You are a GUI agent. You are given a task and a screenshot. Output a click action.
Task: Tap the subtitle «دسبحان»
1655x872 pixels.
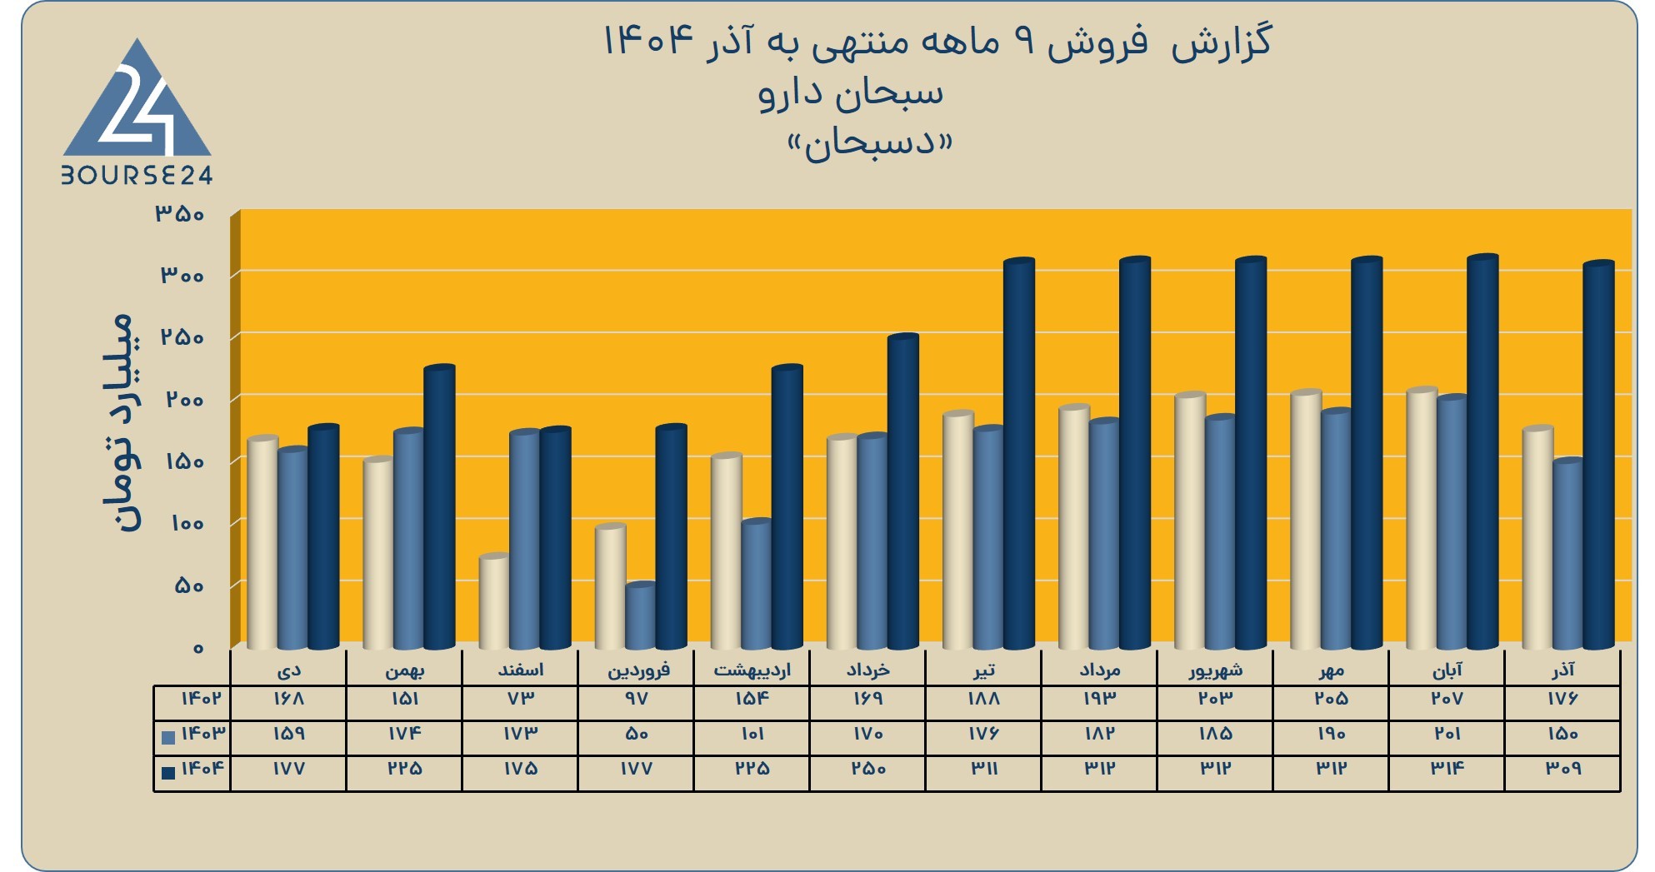pyautogui.click(x=869, y=144)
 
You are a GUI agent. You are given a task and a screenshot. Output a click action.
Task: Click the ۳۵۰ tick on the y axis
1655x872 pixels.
pyautogui.click(x=179, y=214)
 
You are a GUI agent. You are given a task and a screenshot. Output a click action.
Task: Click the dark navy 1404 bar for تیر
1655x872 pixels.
pyautogui.click(x=1018, y=454)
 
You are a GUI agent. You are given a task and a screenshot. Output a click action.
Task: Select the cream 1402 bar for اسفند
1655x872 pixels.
pyautogui.click(x=494, y=602)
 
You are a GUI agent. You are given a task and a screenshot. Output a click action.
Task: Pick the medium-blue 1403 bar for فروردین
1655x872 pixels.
pyautogui.click(x=640, y=616)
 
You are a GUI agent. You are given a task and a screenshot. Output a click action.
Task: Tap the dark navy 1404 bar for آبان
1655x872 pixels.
pyautogui.click(x=1482, y=452)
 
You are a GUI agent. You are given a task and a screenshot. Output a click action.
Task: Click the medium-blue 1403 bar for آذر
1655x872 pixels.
pyautogui.click(x=1567, y=554)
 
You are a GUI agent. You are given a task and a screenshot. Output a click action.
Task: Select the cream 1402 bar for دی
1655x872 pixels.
pyautogui.click(x=262, y=542)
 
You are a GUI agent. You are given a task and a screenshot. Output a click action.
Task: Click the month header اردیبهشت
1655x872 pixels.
pyautogui.click(x=752, y=670)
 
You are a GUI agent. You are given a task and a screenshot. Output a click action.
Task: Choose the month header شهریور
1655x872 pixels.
pyautogui.click(x=1216, y=670)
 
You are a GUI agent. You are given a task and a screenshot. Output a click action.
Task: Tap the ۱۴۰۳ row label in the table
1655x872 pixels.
pyautogui.click(x=203, y=734)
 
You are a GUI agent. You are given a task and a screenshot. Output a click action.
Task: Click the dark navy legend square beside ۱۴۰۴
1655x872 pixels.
pyautogui.click(x=168, y=772)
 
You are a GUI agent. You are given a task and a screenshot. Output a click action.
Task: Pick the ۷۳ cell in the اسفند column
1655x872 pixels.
pyautogui.click(x=520, y=699)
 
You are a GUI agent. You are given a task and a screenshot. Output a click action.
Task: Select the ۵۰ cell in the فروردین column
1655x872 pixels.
pyautogui.click(x=636, y=734)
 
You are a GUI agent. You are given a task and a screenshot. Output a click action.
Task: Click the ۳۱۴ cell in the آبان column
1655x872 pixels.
pyautogui.click(x=1447, y=769)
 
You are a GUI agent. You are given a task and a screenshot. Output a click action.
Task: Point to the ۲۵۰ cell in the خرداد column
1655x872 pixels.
pyautogui.click(x=867, y=769)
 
